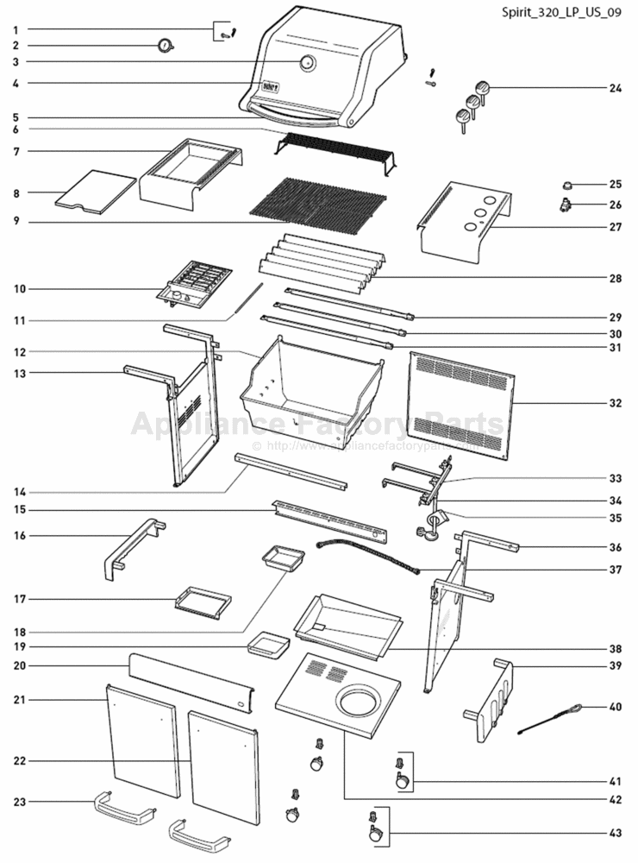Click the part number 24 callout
[x=615, y=88]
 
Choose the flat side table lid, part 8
[x=95, y=192]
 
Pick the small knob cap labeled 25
[x=567, y=185]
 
